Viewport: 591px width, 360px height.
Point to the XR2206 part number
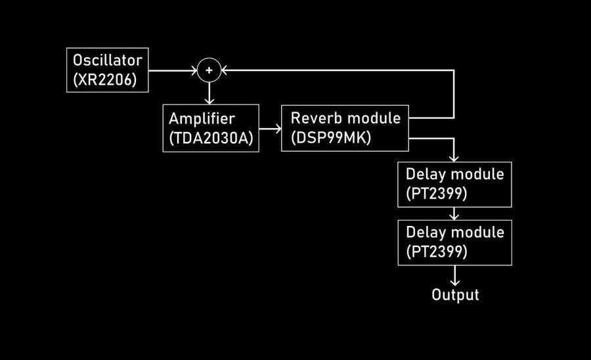point(107,80)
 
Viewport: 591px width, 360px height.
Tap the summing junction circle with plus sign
point(209,70)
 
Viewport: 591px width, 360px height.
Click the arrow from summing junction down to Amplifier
point(209,93)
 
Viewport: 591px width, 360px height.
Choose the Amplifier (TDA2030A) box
point(211,129)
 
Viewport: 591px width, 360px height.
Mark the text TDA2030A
point(211,139)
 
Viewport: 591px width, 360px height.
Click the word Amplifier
point(201,120)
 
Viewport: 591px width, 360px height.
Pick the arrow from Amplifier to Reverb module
point(270,129)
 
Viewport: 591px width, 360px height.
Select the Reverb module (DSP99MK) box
point(345,128)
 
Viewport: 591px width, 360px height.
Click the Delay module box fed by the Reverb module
point(454,185)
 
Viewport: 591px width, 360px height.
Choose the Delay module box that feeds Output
point(454,242)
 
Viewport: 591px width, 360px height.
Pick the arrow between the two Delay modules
point(454,214)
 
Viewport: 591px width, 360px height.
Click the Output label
point(455,295)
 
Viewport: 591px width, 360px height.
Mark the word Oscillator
point(107,60)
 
